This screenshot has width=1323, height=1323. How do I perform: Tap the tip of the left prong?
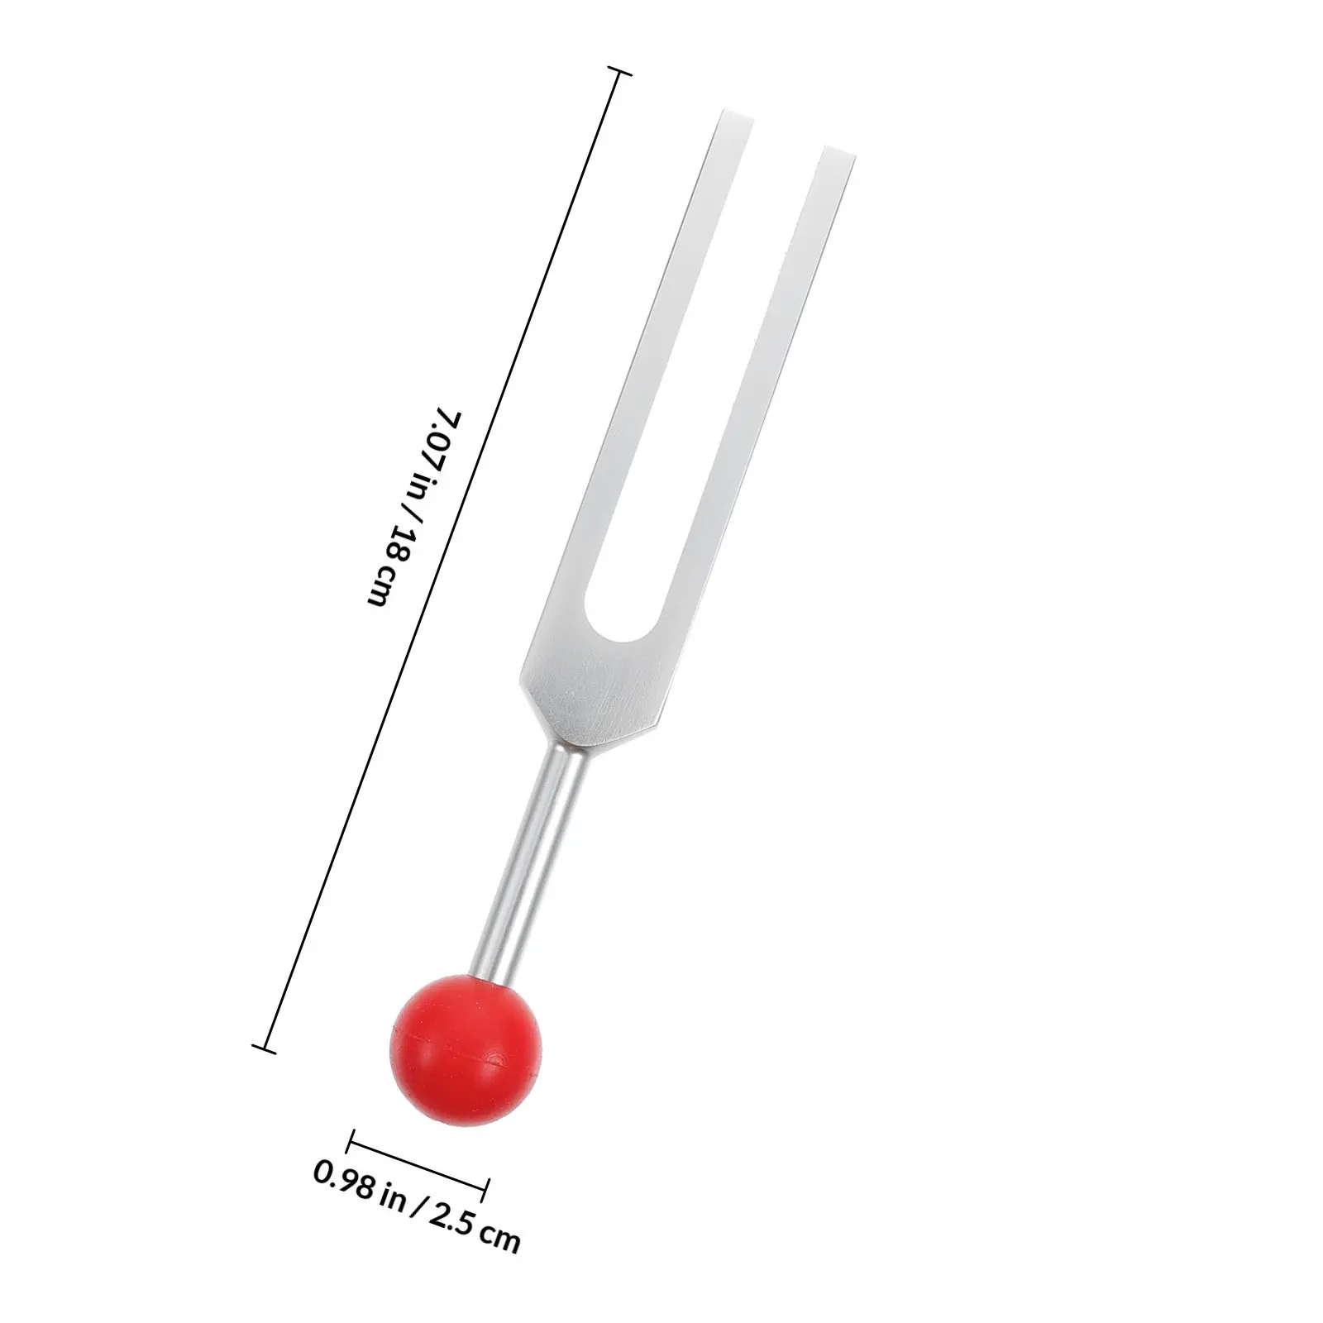[729, 120]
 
